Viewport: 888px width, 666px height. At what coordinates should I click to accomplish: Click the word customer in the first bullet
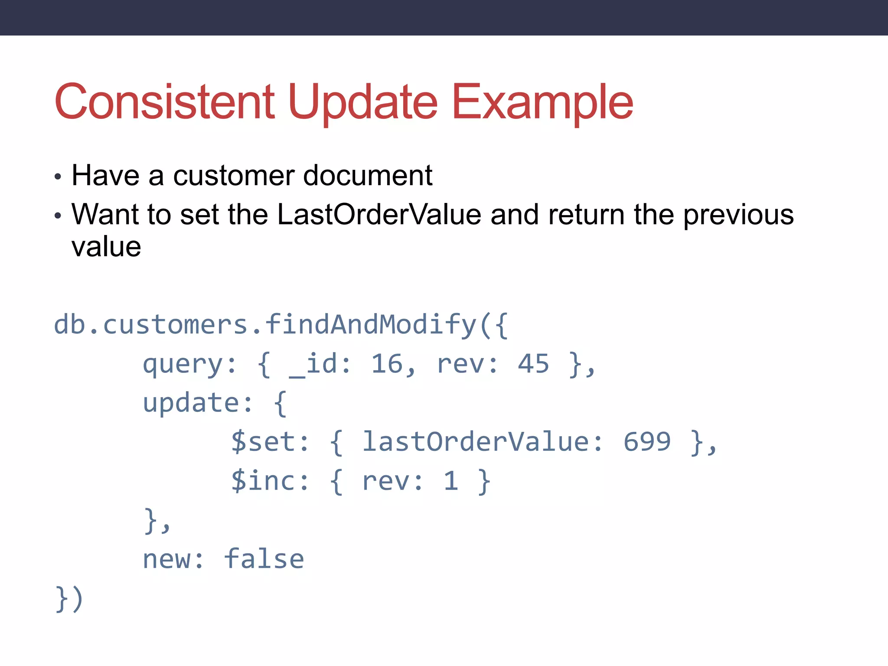(x=234, y=176)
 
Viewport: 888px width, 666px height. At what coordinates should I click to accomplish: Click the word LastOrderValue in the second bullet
(x=379, y=215)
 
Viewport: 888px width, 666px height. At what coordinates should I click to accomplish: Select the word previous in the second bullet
(x=738, y=215)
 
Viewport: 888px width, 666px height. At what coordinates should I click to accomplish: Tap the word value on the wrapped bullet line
(x=106, y=247)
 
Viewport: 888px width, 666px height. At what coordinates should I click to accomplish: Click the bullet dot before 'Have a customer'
(x=58, y=177)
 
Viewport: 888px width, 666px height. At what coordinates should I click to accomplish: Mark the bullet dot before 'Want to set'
(x=58, y=215)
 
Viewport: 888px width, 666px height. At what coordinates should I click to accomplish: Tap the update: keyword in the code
(x=197, y=403)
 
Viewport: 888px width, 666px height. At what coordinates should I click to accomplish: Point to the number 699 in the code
(x=647, y=442)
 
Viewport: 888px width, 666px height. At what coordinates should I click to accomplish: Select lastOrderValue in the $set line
(x=476, y=442)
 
